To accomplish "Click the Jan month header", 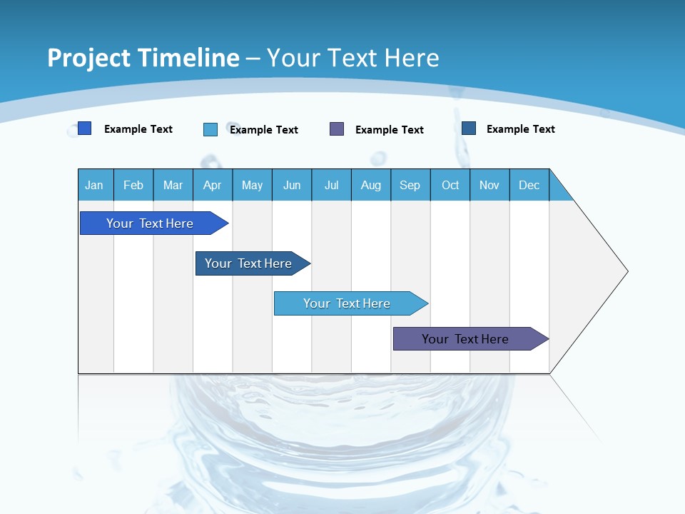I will point(94,185).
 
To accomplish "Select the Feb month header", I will point(133,185).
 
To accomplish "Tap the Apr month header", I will point(213,185).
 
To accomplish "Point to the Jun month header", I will point(292,185).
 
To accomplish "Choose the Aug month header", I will point(371,185).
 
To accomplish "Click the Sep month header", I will point(410,185).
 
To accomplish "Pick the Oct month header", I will point(450,185).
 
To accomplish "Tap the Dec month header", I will point(529,185).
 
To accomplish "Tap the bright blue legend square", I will point(84,128).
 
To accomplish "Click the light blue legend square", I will point(210,129).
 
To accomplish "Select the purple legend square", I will point(337,128).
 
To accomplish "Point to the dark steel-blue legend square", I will point(469,128).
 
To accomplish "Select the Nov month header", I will point(489,185).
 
